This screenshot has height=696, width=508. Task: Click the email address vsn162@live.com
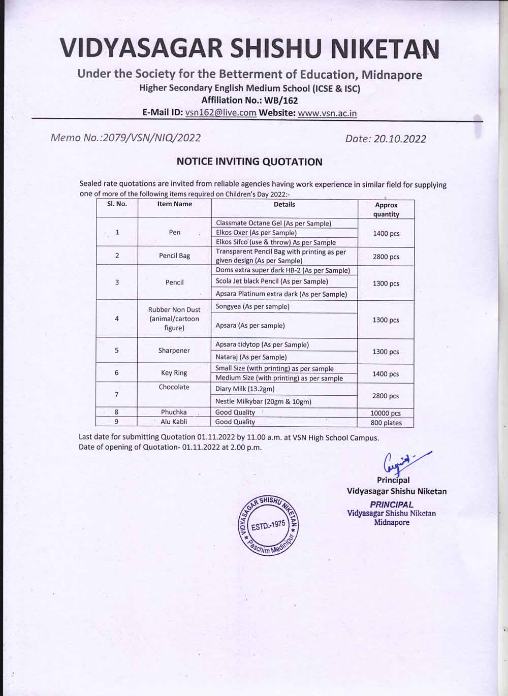[x=220, y=113]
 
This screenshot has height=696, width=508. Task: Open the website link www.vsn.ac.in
[x=327, y=113]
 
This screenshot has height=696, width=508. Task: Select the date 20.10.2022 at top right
[x=399, y=139]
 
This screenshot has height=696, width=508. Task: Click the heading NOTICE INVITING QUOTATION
[x=249, y=162]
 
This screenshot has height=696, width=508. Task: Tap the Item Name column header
[x=174, y=204]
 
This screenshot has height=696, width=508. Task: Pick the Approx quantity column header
[x=386, y=209]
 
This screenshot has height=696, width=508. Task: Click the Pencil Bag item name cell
[x=174, y=256]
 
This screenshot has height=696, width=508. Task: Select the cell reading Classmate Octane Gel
[x=273, y=223]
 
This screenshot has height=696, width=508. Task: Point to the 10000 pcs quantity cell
[x=386, y=413]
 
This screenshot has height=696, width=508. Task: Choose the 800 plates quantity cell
[x=386, y=423]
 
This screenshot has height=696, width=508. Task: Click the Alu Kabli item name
[x=174, y=422]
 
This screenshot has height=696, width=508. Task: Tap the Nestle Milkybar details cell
[x=263, y=401]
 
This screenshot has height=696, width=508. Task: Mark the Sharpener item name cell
[x=174, y=351]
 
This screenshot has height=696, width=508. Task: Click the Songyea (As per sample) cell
[x=252, y=306]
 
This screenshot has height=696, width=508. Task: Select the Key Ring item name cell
[x=174, y=372]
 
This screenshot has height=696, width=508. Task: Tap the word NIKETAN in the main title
[x=385, y=48]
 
